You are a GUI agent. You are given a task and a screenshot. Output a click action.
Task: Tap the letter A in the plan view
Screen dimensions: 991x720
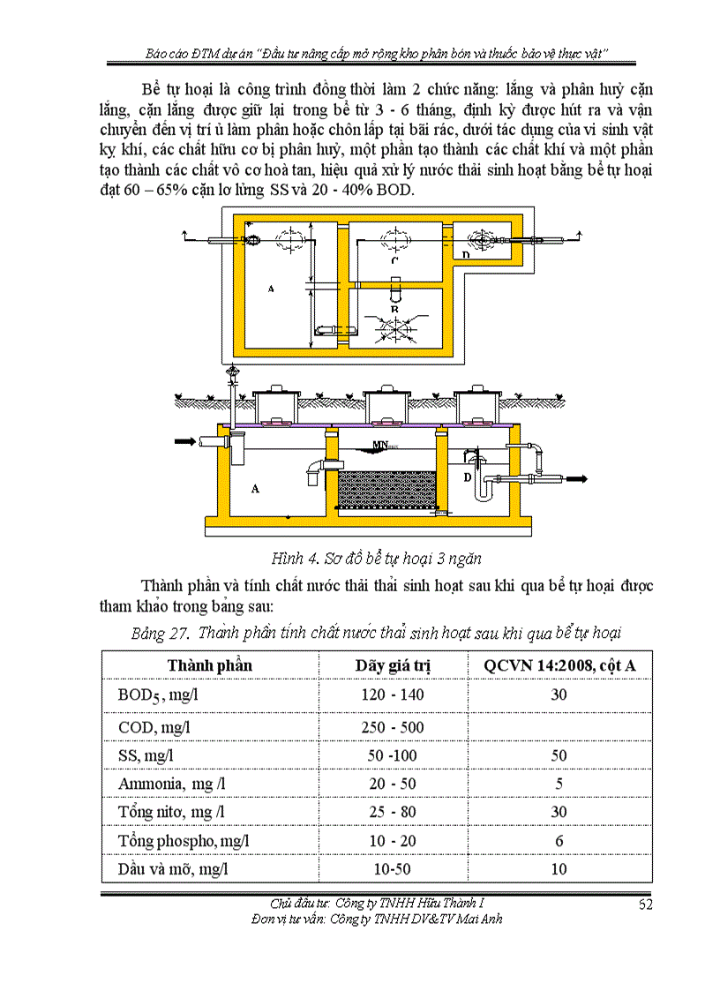(269, 289)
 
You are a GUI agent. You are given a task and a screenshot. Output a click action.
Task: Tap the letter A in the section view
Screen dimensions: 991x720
(256, 486)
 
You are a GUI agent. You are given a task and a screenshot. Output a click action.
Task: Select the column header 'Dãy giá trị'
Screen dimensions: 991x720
(393, 665)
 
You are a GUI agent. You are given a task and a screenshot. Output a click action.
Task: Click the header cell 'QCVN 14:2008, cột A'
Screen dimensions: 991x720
(559, 665)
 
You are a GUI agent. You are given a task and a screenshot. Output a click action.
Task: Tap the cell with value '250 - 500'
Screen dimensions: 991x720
(393, 726)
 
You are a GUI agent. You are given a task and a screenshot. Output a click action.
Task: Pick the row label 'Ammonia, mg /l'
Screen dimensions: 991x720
(172, 783)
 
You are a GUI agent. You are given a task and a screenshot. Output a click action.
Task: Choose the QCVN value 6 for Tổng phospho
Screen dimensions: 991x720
(559, 840)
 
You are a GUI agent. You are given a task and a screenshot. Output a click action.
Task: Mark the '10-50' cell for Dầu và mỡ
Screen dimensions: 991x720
(393, 869)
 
